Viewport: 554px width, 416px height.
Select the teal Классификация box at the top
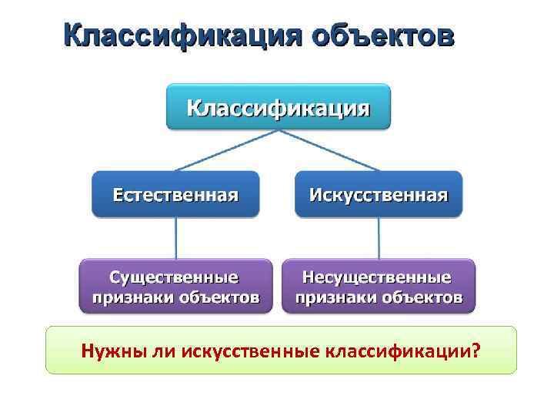click(x=278, y=106)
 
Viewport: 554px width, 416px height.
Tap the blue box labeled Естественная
click(x=175, y=193)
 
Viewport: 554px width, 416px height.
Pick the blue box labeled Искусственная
click(x=379, y=193)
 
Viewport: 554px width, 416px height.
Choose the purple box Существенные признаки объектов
click(x=175, y=286)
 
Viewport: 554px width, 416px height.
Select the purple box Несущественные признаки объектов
click(x=379, y=286)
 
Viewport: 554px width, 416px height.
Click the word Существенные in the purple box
click(x=175, y=277)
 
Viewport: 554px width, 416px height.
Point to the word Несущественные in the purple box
click(x=378, y=277)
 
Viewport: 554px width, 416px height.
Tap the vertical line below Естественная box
click(x=176, y=237)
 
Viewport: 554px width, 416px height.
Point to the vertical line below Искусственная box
click(x=379, y=237)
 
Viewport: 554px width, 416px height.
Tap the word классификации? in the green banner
click(x=405, y=351)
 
